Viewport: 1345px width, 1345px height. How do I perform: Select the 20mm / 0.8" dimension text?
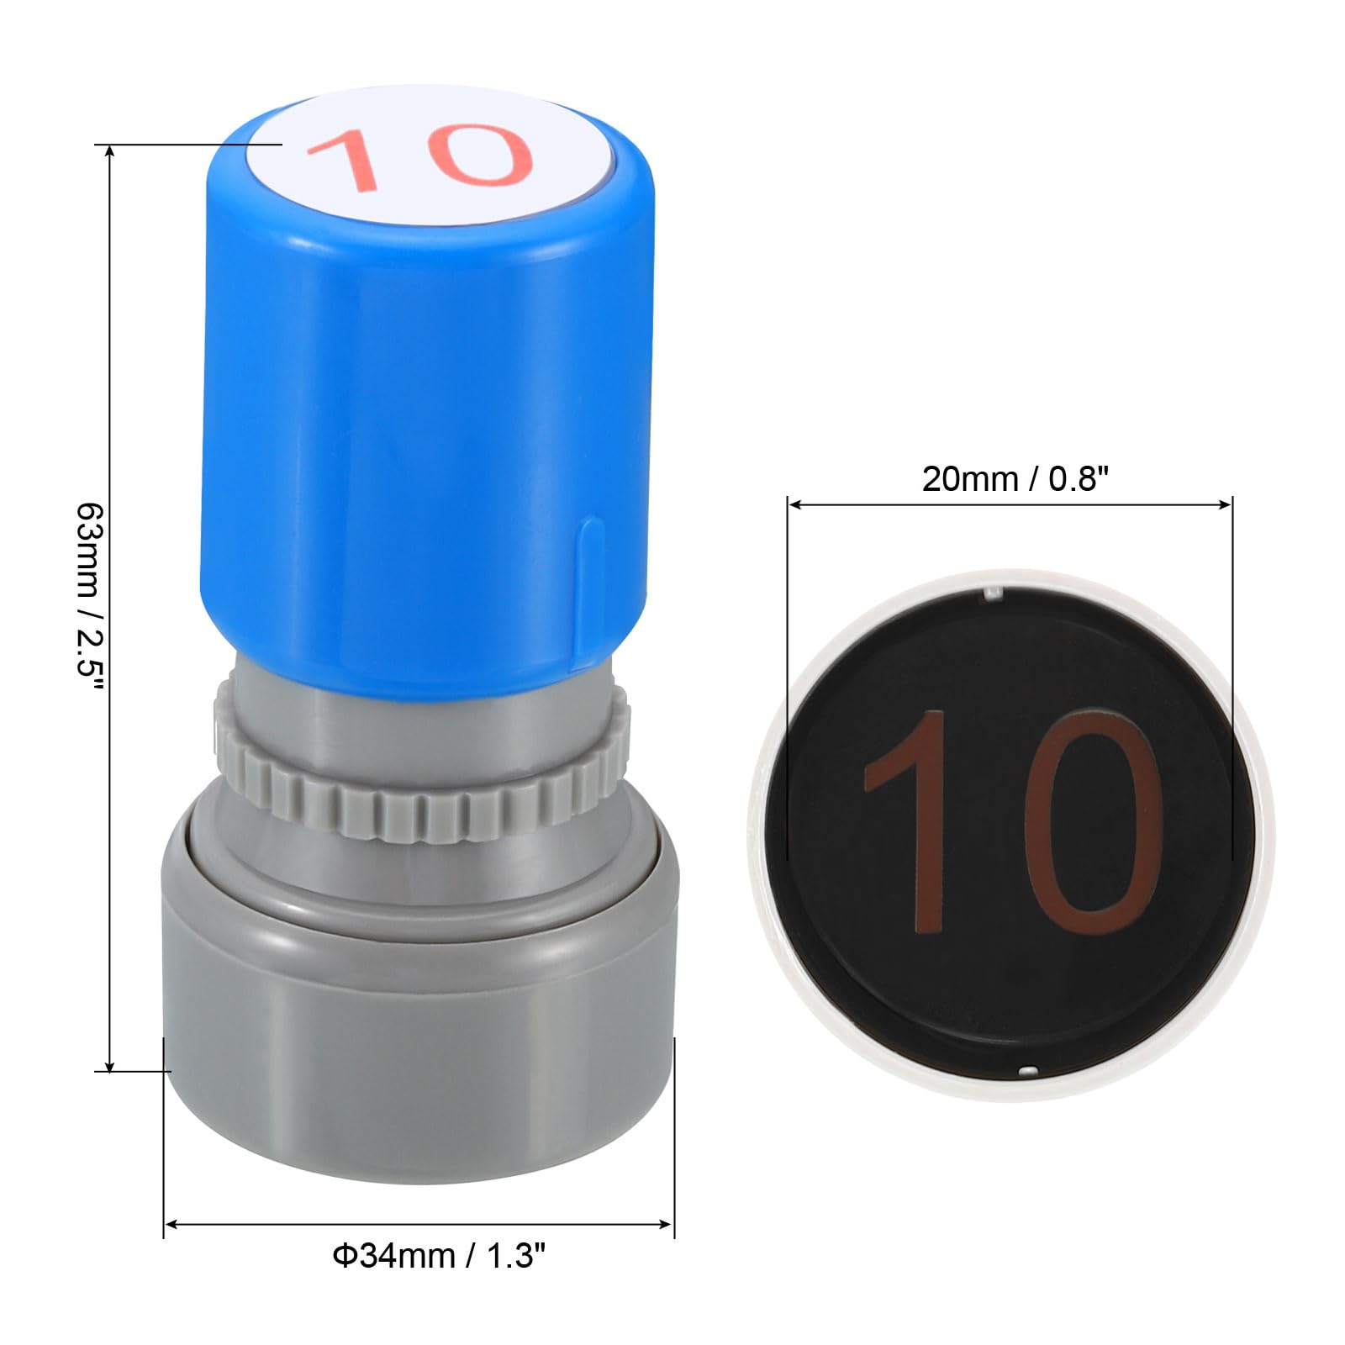[1015, 479]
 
